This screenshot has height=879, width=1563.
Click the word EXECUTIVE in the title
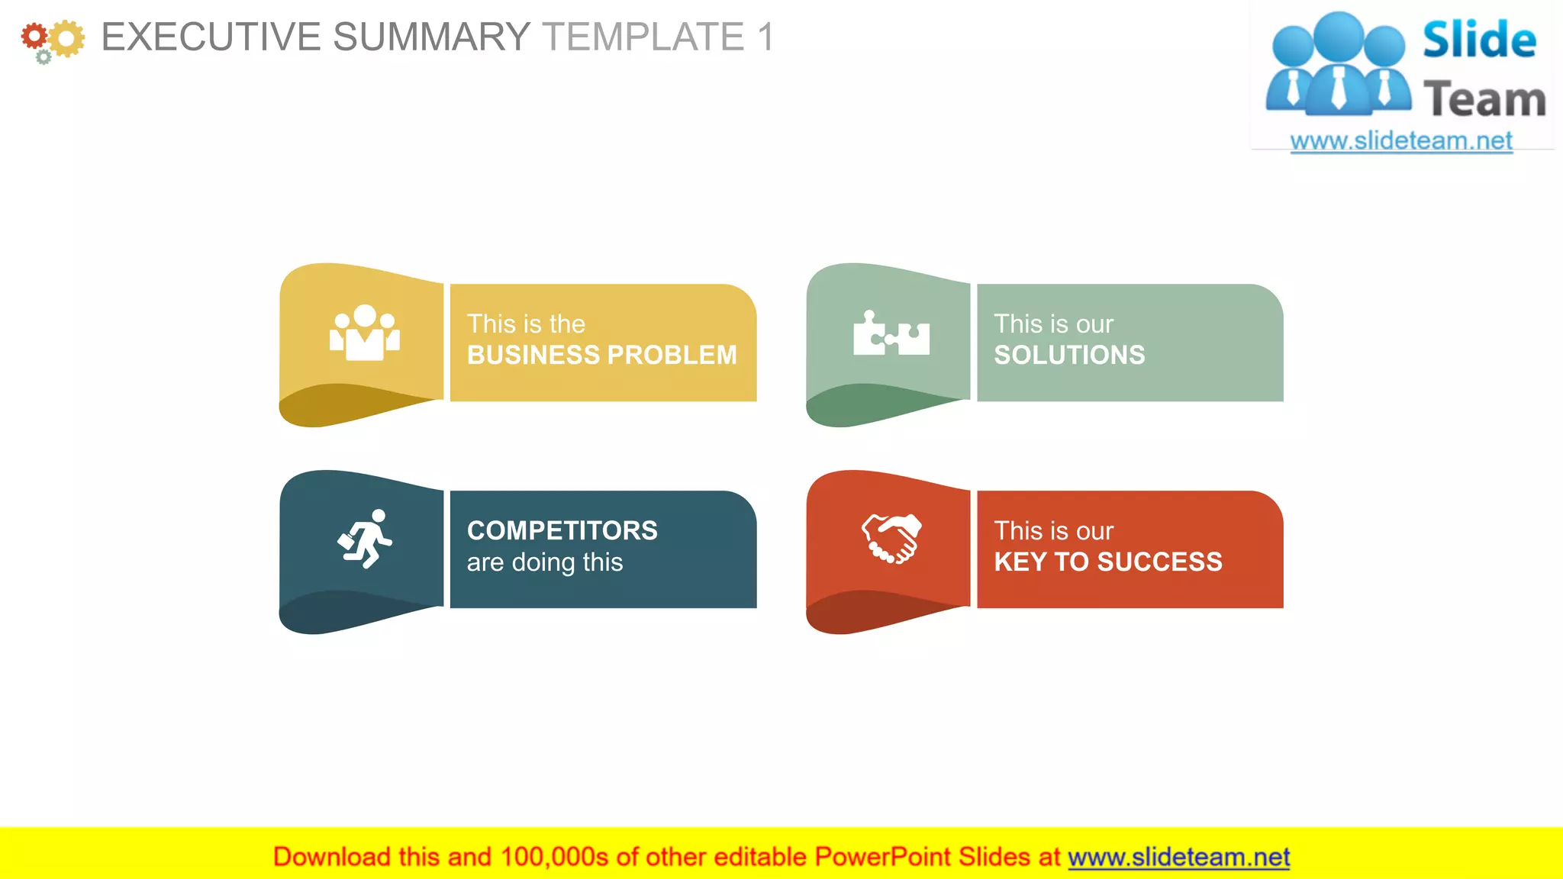211,37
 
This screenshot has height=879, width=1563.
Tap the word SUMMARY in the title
431,37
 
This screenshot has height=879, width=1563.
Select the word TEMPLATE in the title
643,37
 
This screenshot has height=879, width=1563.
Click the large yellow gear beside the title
67,38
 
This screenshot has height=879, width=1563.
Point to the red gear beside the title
34,35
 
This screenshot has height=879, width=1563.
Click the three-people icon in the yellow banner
365,333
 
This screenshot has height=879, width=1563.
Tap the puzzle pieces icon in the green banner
891,333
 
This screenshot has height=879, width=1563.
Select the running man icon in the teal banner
365,539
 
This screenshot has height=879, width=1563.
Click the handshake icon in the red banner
891,539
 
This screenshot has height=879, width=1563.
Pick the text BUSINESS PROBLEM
601,355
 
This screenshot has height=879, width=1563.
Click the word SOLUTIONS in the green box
1068,355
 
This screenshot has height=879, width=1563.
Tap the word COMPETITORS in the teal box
562,530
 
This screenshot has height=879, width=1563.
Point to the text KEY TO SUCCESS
1107,562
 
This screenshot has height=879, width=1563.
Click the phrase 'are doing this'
544,562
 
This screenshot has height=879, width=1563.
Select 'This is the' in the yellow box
526,324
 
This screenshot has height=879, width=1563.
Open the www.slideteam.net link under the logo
1400,140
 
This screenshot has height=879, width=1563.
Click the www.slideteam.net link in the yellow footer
1178,857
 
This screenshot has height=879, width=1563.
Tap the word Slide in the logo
1479,40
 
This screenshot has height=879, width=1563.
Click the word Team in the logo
1484,100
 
